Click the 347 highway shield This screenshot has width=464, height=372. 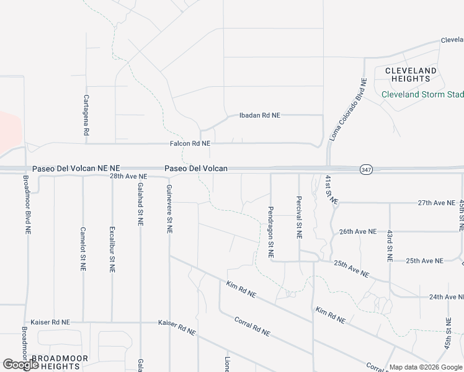(x=367, y=169)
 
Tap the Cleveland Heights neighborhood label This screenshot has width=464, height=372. (x=411, y=74)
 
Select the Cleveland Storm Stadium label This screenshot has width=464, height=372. (x=422, y=94)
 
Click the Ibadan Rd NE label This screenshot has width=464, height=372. (x=261, y=115)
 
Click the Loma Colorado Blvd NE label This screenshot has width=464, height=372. (x=349, y=110)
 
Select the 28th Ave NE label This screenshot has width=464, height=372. (x=129, y=177)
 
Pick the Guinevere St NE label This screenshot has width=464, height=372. (x=169, y=209)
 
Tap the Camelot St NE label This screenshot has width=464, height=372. (x=83, y=249)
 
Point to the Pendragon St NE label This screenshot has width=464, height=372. (x=270, y=232)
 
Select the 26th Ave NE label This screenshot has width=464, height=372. (x=358, y=231)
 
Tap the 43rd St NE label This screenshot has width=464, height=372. (x=390, y=246)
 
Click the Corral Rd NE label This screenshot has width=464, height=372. (x=252, y=327)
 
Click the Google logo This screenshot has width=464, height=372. (x=20, y=365)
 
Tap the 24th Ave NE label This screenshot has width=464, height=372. (x=447, y=297)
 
